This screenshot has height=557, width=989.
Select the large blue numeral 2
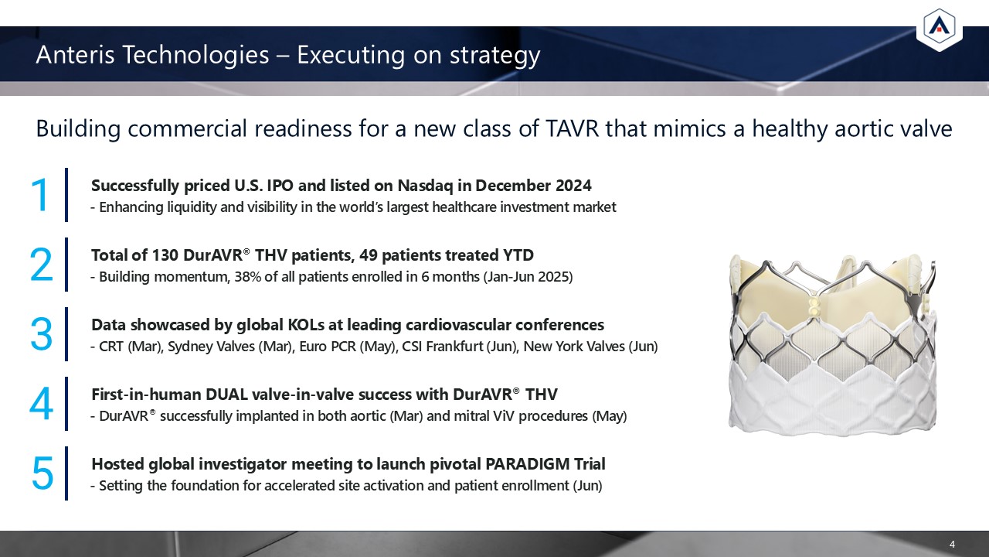pos(42,265)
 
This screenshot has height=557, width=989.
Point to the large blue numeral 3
pos(42,334)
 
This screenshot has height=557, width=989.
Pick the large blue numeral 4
pos(42,404)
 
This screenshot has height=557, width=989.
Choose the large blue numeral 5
pos(42,473)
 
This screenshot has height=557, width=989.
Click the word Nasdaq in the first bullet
pos(425,186)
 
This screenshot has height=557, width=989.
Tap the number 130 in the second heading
pos(165,255)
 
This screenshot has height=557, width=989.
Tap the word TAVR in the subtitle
pos(572,128)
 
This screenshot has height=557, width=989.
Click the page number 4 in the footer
pos(952,544)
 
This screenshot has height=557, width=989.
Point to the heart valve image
pos(832,344)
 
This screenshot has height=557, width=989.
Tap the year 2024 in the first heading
pos(573,186)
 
